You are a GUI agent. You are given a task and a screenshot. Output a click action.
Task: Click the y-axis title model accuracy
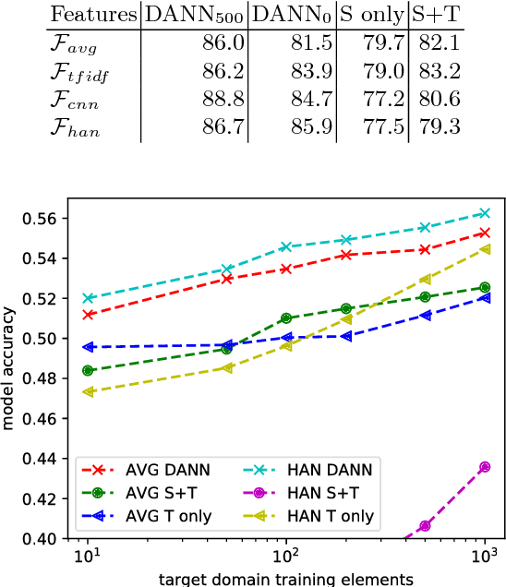point(11,378)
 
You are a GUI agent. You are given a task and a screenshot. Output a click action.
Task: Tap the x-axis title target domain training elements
point(286,579)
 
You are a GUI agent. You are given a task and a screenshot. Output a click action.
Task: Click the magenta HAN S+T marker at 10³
point(485,467)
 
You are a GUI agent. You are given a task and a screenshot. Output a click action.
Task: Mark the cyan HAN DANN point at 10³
point(485,213)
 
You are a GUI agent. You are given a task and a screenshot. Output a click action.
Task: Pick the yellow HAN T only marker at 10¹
point(88,391)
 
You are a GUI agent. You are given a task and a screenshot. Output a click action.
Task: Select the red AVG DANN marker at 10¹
point(88,315)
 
